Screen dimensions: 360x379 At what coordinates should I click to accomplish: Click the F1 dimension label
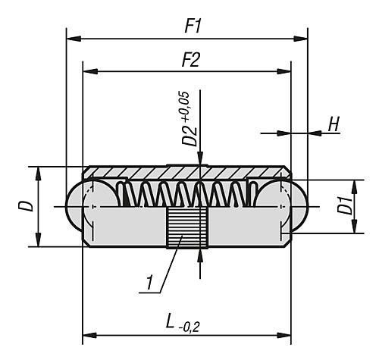point(193,26)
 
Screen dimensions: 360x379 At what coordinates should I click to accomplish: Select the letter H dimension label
point(333,125)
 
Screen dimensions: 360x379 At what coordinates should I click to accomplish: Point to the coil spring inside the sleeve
point(182,194)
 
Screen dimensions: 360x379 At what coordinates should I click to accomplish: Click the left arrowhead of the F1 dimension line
point(71,37)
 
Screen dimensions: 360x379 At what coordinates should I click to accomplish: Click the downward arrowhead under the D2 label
point(199,160)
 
